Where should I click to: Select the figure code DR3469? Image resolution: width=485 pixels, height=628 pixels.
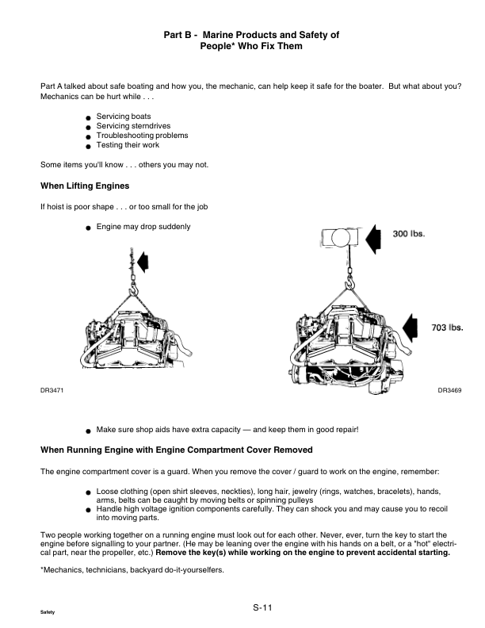(450, 390)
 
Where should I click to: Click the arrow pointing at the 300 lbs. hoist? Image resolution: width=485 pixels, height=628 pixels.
(374, 235)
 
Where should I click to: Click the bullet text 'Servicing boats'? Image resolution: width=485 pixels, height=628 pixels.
(124, 117)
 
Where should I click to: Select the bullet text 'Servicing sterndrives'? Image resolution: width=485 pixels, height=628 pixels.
(133, 126)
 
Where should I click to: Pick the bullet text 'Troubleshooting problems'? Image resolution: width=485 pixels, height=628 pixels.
(142, 136)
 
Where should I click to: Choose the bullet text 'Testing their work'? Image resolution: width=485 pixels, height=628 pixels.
(128, 145)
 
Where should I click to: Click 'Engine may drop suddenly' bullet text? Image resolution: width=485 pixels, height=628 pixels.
(143, 227)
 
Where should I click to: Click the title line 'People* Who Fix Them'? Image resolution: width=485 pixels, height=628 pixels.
(251, 47)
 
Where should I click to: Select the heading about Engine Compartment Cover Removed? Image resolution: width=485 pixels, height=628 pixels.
(170, 450)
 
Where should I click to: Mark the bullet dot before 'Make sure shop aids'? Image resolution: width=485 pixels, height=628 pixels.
(89, 431)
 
